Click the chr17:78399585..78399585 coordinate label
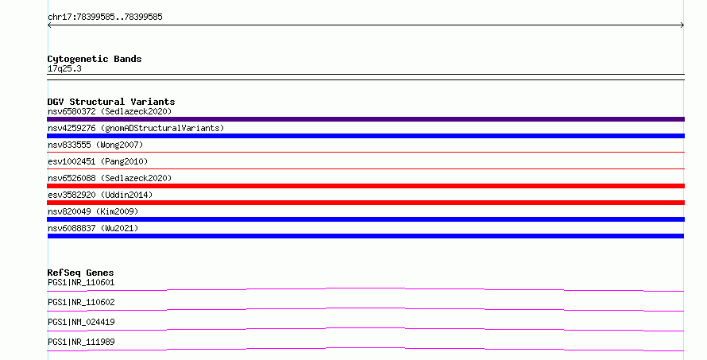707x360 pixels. [105, 17]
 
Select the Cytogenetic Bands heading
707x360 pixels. [95, 59]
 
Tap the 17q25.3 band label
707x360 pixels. [64, 68]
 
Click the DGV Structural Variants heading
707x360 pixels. [111, 102]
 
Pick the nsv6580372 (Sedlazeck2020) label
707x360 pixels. [110, 111]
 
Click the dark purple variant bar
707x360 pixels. [365, 119]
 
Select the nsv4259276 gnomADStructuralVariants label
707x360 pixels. [136, 128]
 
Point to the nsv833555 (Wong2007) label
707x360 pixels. [95, 145]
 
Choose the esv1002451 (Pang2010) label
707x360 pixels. [98, 161]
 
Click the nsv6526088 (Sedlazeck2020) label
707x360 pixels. [110, 178]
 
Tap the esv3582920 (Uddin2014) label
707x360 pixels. [100, 195]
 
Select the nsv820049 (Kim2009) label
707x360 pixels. [93, 211]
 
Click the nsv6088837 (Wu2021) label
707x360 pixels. [93, 228]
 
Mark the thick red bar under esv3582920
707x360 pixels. [365, 203]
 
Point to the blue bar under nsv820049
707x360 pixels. [365, 219]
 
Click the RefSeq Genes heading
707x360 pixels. [80, 273]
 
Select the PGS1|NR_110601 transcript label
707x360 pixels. [81, 282]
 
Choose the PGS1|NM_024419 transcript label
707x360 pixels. [81, 322]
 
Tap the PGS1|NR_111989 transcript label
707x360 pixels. [81, 342]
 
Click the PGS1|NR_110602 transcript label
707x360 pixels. [81, 302]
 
